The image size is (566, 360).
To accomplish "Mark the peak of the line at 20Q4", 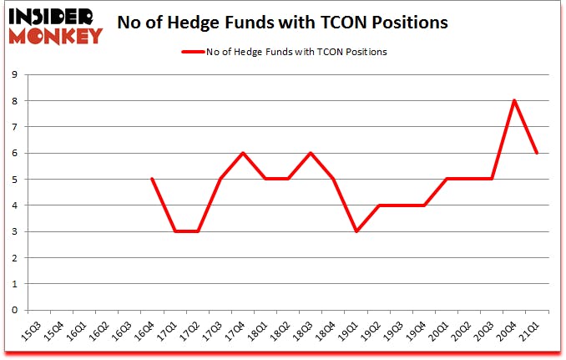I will point(514,101).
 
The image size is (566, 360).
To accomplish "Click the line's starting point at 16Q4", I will point(152,179).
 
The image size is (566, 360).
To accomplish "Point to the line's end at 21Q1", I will point(537,153).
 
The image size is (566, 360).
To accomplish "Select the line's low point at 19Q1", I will point(356,231).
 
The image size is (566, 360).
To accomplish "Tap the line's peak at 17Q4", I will point(242,153).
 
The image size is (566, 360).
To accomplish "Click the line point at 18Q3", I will point(311,153).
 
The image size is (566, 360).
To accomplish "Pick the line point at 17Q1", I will point(174,231).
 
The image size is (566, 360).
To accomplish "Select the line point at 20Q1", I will point(447,179).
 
